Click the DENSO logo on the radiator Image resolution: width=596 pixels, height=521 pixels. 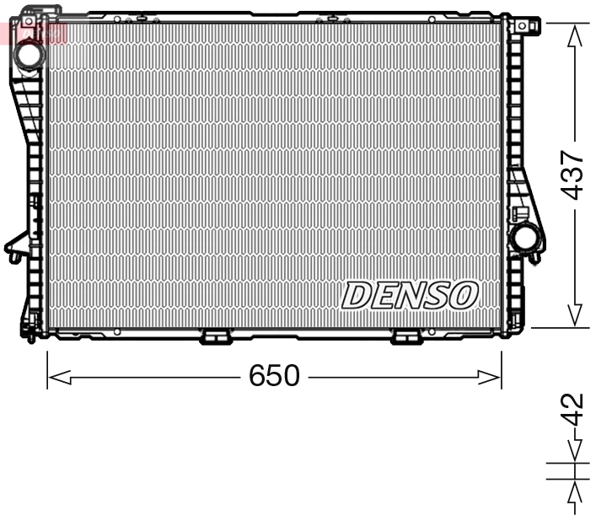tap(410, 295)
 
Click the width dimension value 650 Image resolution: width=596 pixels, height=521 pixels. tap(274, 376)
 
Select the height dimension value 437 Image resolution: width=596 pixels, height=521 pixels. tap(573, 175)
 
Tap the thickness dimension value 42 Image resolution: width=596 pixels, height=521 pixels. tap(573, 411)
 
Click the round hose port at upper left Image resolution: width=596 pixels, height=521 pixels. tap(30, 55)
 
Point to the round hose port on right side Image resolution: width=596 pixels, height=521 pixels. tap(525, 237)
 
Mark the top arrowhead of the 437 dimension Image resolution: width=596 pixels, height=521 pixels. tap(575, 34)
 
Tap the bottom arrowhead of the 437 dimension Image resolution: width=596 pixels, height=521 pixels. tap(575, 316)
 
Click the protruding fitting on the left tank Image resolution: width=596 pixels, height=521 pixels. tap(14, 249)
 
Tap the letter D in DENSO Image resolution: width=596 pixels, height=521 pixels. tap(357, 296)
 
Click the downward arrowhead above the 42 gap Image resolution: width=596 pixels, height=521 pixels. tap(575, 453)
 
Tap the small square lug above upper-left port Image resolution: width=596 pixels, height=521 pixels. tap(28, 19)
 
